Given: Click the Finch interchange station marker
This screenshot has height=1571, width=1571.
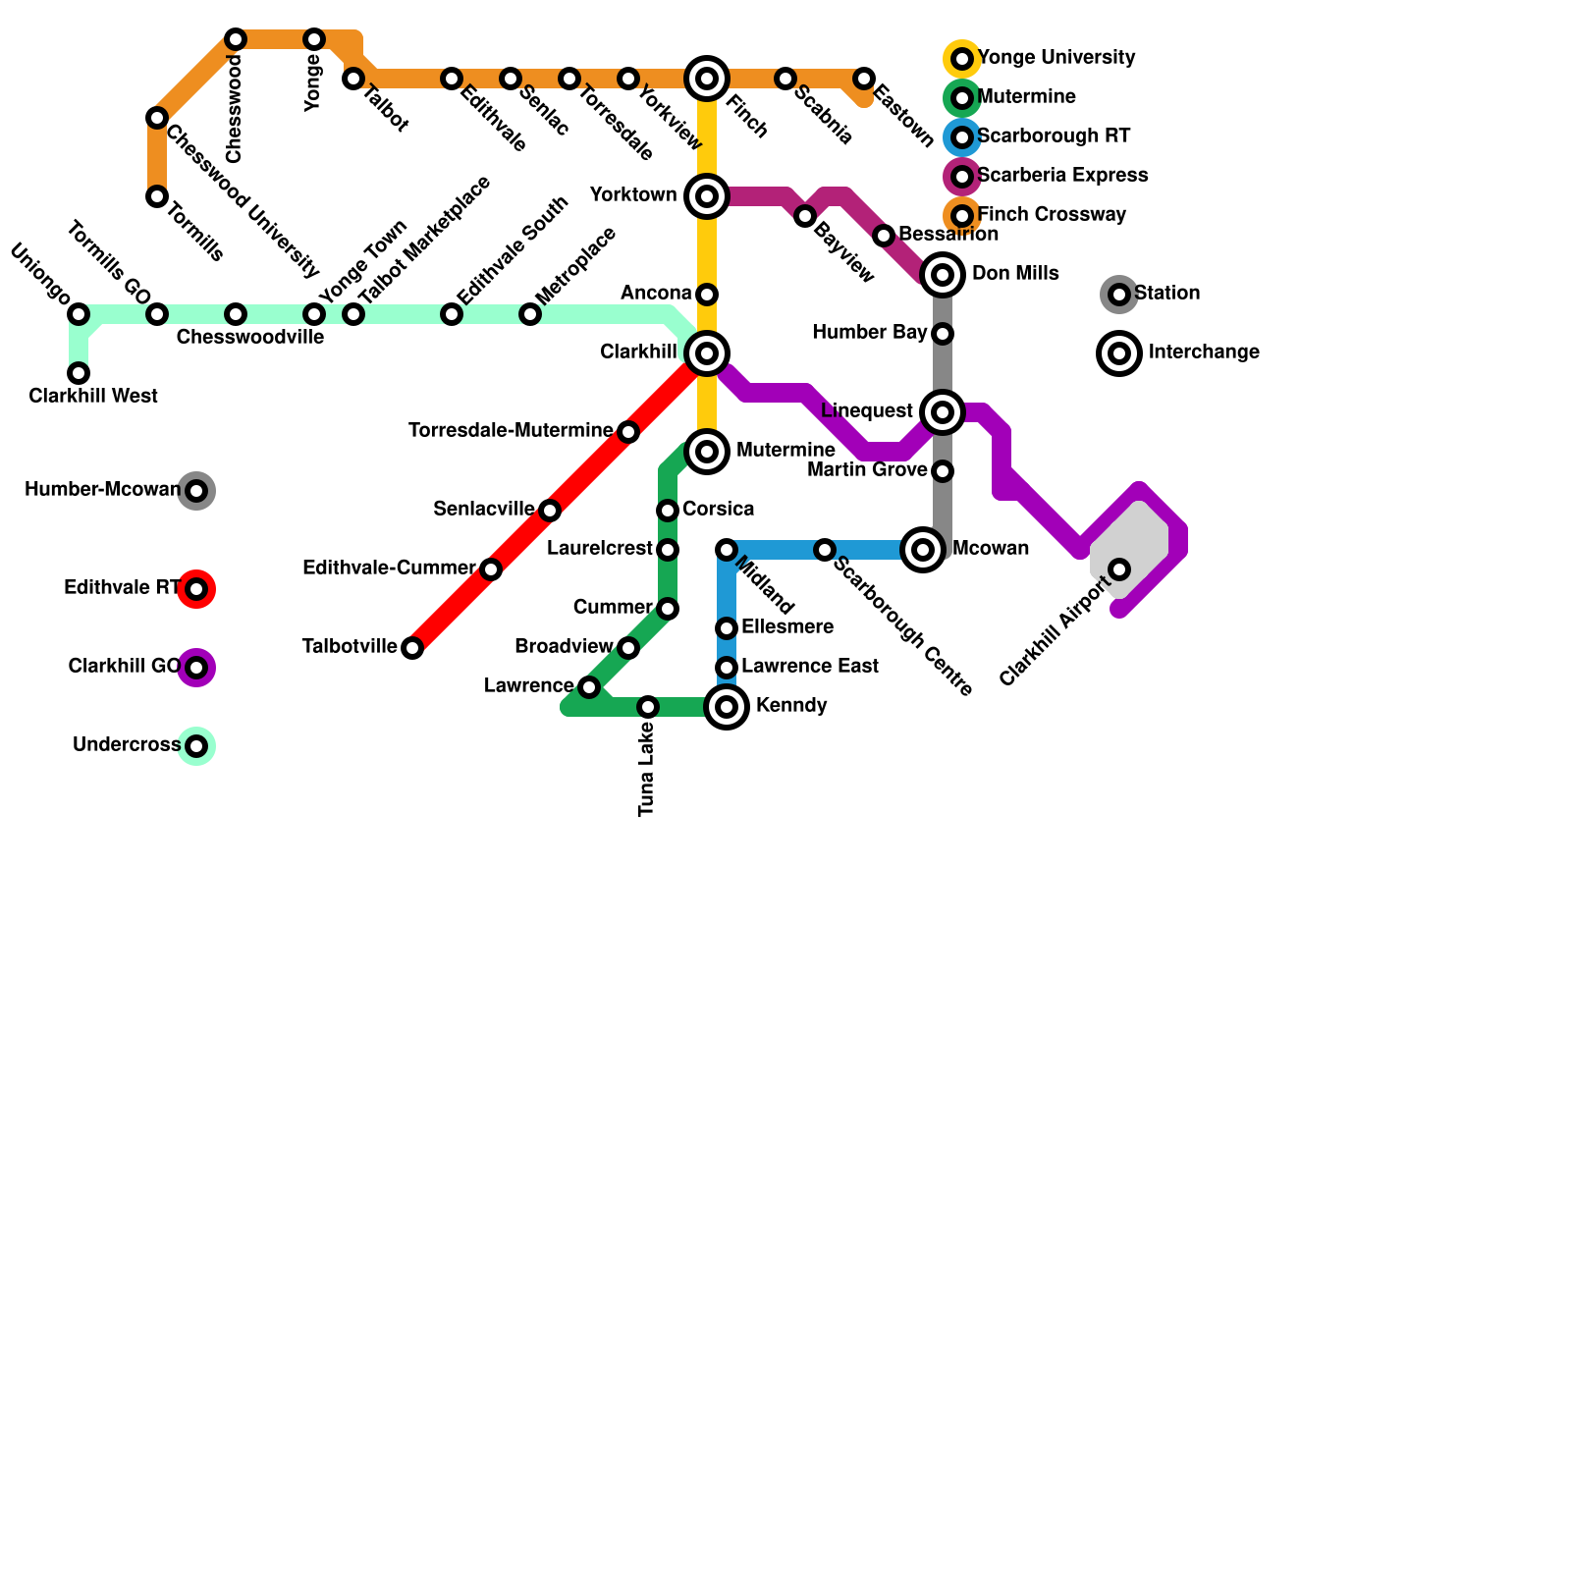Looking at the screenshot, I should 707,79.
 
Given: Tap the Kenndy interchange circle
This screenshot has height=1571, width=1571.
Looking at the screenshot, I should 727,707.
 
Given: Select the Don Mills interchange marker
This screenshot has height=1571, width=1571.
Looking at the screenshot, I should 943,275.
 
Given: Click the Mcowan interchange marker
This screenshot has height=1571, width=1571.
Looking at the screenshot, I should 923,550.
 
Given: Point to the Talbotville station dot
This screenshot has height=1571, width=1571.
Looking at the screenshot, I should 412,648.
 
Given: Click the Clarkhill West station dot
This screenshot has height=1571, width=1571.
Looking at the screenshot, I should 79,373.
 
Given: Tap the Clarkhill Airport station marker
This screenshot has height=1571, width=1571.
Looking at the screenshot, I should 1119,569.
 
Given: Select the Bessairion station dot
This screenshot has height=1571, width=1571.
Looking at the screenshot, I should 884,236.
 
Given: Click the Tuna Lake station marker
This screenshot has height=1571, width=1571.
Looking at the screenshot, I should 648,707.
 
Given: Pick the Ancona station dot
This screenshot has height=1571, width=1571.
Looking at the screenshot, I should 707,295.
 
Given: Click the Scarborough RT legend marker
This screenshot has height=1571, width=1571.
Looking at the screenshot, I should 962,137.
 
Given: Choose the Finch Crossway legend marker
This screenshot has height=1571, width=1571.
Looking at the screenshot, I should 962,215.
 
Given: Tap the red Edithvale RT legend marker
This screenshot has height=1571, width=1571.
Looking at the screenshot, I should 196,589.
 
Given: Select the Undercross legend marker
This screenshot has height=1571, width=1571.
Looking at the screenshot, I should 196,746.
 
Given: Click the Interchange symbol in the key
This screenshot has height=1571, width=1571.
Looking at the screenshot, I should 1119,353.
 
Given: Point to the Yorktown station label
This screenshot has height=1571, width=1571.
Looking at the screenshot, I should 633,195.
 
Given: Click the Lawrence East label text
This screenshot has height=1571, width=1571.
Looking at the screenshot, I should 810,667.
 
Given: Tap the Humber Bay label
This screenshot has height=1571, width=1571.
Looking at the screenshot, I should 869,333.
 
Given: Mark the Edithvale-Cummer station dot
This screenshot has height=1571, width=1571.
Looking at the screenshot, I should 491,569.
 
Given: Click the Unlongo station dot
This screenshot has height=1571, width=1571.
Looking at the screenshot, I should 79,314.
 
